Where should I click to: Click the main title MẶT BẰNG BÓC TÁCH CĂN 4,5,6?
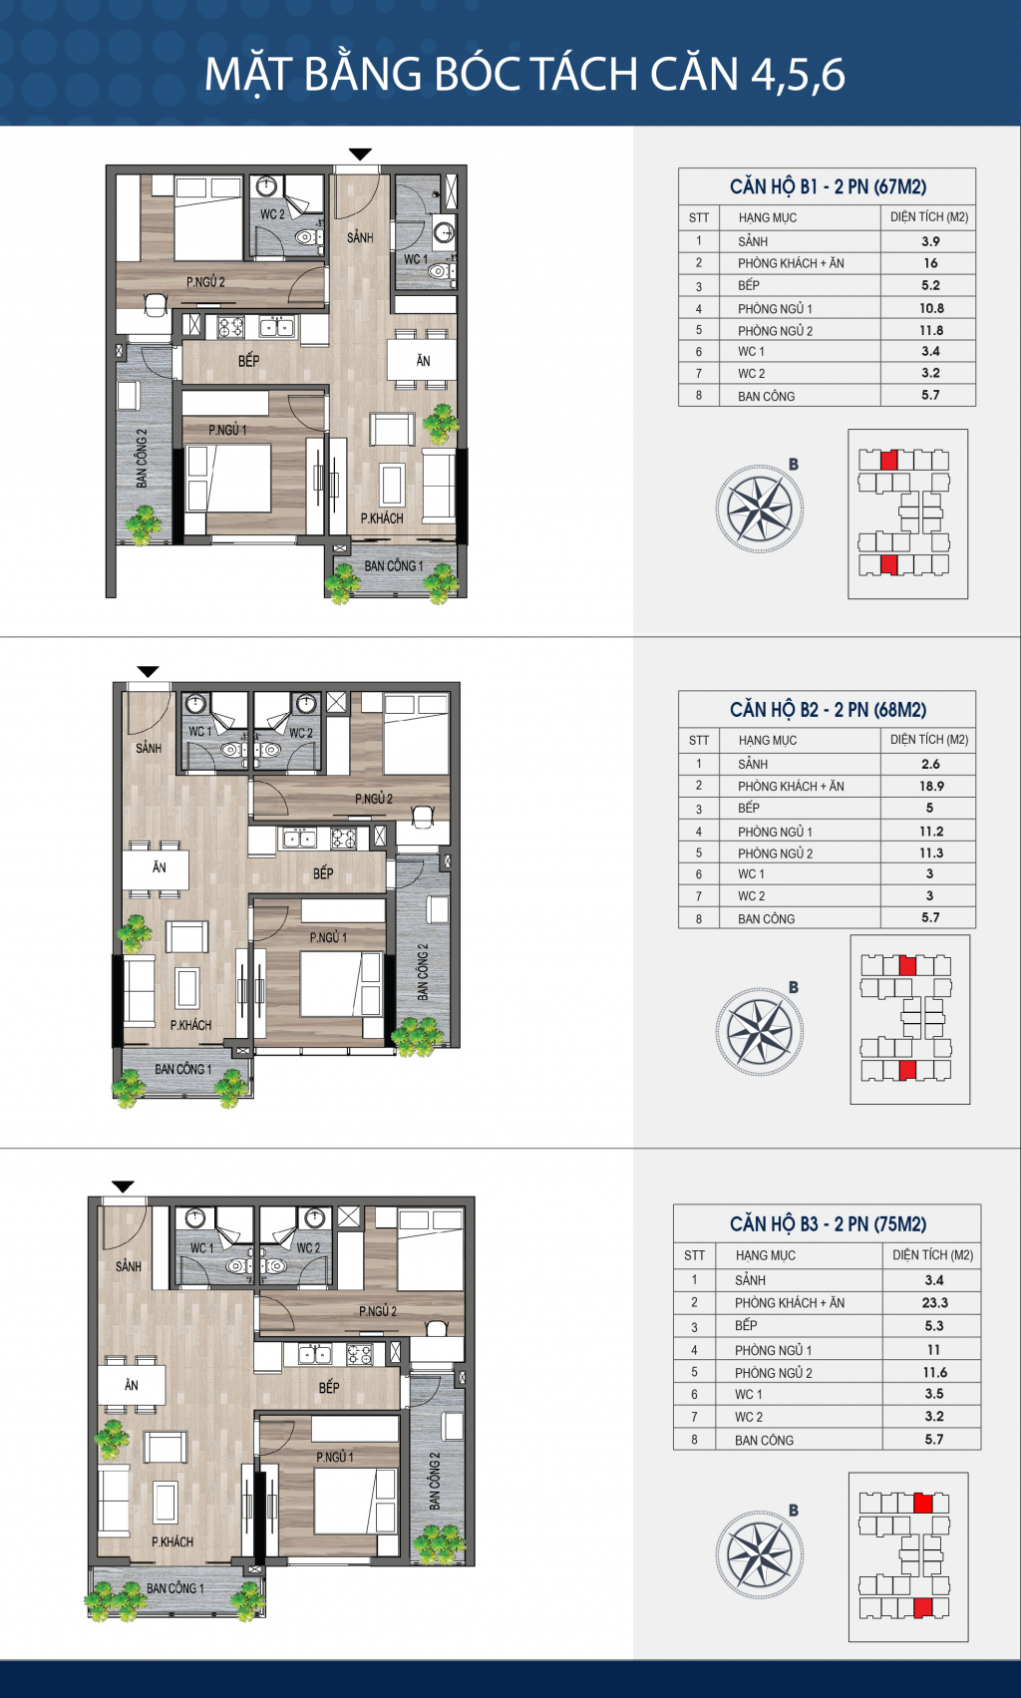tap(524, 75)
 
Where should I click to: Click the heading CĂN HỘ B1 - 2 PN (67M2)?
tap(828, 187)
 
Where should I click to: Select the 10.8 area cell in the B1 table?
tap(930, 309)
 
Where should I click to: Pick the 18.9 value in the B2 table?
tap(930, 786)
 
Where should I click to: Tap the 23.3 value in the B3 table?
tap(934, 1302)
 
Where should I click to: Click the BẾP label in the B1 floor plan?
tap(248, 361)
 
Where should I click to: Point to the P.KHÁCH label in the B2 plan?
tap(190, 1025)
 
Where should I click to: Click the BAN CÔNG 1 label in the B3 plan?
tap(175, 1588)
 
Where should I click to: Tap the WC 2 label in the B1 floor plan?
tap(272, 214)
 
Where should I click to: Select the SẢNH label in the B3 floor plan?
tap(129, 1266)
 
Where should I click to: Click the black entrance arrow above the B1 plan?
tap(360, 155)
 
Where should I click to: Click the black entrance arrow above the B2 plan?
tap(148, 672)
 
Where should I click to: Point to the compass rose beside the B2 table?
tap(760, 1031)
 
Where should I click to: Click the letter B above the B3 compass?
tap(794, 1510)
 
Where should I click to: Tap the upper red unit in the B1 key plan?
tap(889, 460)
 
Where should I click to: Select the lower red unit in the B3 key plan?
tap(922, 1607)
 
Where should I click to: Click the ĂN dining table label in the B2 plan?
tap(159, 867)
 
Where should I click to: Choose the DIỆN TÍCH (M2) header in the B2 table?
tap(929, 740)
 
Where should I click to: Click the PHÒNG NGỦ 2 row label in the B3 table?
tap(774, 1373)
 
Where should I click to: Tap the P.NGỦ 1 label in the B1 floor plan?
tap(227, 430)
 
